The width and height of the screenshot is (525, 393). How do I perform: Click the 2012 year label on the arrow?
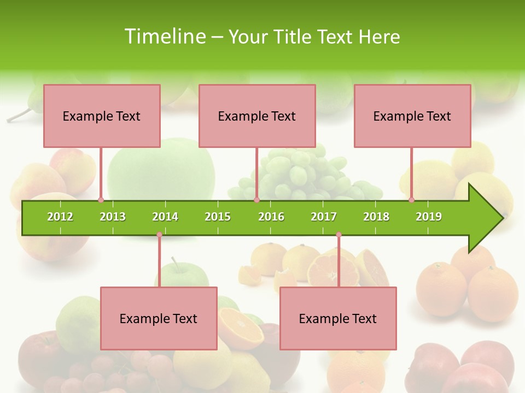coord(60,217)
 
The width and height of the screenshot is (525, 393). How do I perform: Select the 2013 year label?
coord(113,217)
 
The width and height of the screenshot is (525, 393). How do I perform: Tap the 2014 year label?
coord(165,217)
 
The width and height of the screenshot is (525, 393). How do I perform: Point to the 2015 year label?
coord(218,217)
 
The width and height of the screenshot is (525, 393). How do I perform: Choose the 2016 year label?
coord(271,217)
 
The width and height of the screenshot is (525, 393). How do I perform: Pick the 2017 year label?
coord(324,217)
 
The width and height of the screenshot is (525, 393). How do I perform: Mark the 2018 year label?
coord(376,217)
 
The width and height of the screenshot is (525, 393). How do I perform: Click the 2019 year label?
coord(429,217)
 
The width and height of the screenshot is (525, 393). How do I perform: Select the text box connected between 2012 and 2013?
coord(102,116)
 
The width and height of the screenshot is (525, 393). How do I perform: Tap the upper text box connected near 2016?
coord(257,116)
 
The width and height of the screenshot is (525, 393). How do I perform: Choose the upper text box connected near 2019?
coord(412,116)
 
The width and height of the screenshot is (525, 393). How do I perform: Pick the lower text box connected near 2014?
coord(159,318)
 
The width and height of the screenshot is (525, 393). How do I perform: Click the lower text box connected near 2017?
coord(338,318)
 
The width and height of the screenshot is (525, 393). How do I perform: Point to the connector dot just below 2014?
coord(159,235)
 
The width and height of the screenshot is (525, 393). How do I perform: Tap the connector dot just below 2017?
coord(339,235)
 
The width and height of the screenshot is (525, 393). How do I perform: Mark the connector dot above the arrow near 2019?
coord(412,200)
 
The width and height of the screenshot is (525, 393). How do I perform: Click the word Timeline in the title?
coord(164,37)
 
